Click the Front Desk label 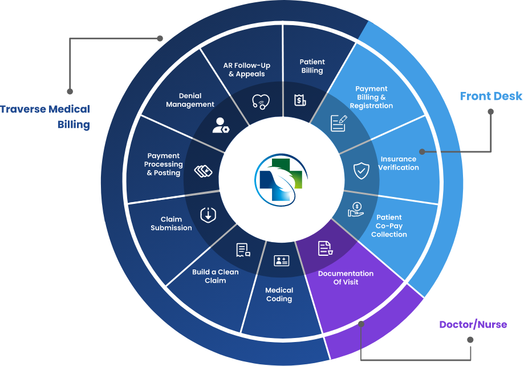pos(491,96)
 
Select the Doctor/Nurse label pos(473,325)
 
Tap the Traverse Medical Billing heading pos(45,117)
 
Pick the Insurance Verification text pos(399,163)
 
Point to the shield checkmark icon pos(361,170)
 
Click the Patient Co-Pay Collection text pos(392,226)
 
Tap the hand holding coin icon pos(356,210)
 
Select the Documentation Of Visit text pos(346,277)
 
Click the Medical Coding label pos(279,295)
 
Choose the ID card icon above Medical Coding pos(282,261)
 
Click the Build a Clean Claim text pos(215,276)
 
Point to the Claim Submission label pos(171,223)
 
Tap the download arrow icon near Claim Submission pos(208,215)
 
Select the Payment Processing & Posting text pos(164,164)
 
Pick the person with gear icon pos(220,126)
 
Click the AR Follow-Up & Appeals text pos(247,70)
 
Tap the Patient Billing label pos(312,66)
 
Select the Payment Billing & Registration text pos(371,97)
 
